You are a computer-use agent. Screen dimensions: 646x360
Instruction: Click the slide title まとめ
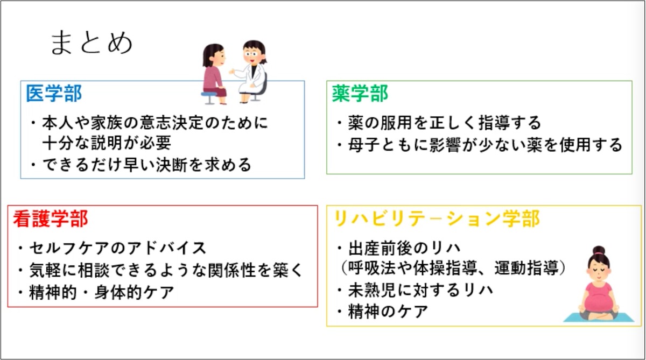click(x=92, y=43)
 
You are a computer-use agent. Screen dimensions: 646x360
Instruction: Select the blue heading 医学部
click(x=54, y=94)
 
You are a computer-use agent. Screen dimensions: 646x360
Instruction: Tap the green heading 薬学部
click(x=360, y=94)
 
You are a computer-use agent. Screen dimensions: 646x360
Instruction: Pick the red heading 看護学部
click(x=51, y=219)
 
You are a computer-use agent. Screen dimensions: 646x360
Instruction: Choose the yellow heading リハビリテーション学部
click(x=437, y=219)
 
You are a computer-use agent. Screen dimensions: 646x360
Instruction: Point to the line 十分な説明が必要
click(x=107, y=143)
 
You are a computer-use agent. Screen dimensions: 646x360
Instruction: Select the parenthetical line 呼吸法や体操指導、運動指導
click(x=453, y=268)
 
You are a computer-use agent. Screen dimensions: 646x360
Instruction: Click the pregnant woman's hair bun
click(x=599, y=250)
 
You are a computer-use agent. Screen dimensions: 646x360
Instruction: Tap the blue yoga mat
click(x=599, y=317)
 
